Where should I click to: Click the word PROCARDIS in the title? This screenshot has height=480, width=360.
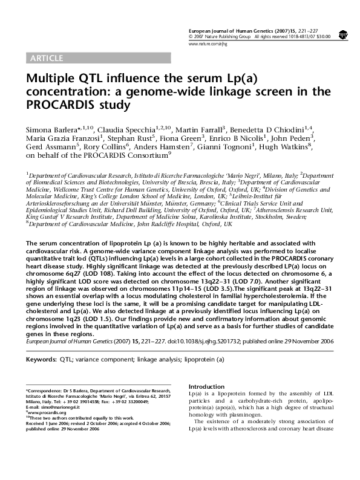(x=61, y=105)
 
